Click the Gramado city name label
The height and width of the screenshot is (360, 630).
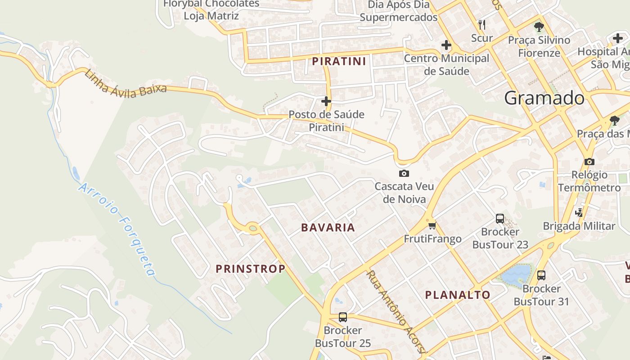544,98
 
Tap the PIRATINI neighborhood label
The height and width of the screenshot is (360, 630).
339,61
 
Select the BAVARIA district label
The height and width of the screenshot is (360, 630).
328,228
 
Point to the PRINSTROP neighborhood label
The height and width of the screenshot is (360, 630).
251,269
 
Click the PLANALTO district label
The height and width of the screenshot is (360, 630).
458,295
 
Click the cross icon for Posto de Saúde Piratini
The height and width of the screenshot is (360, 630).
326,101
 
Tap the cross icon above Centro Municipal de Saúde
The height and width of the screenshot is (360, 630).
446,45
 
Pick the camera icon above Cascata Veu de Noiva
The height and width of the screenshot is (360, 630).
404,173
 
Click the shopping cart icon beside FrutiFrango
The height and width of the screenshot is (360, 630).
432,225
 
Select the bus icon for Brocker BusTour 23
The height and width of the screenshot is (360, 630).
500,219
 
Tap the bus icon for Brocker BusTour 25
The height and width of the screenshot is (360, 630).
343,317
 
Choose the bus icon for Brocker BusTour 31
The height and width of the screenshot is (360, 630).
541,275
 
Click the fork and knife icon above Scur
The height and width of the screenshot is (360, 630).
482,24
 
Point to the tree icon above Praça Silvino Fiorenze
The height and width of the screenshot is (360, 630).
539,27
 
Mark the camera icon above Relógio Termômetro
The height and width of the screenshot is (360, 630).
589,162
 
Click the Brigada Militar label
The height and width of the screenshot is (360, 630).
579,226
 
